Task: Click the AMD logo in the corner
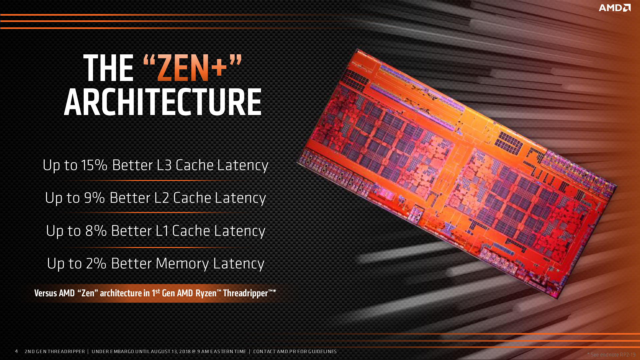[x=614, y=8]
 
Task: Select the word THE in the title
[x=108, y=68]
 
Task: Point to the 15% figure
[x=94, y=165]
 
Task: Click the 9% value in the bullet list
[x=94, y=198]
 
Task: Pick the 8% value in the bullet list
[x=96, y=231]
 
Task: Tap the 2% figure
[x=96, y=263]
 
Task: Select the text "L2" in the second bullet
[x=162, y=198]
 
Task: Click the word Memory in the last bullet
[x=182, y=263]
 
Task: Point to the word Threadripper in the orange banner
[x=245, y=293]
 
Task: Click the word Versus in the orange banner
[x=46, y=293]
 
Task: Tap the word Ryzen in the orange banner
[x=206, y=293]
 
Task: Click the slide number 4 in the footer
[x=16, y=351]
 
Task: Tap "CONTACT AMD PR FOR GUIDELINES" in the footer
[x=295, y=351]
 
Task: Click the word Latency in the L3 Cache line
[x=243, y=165]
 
